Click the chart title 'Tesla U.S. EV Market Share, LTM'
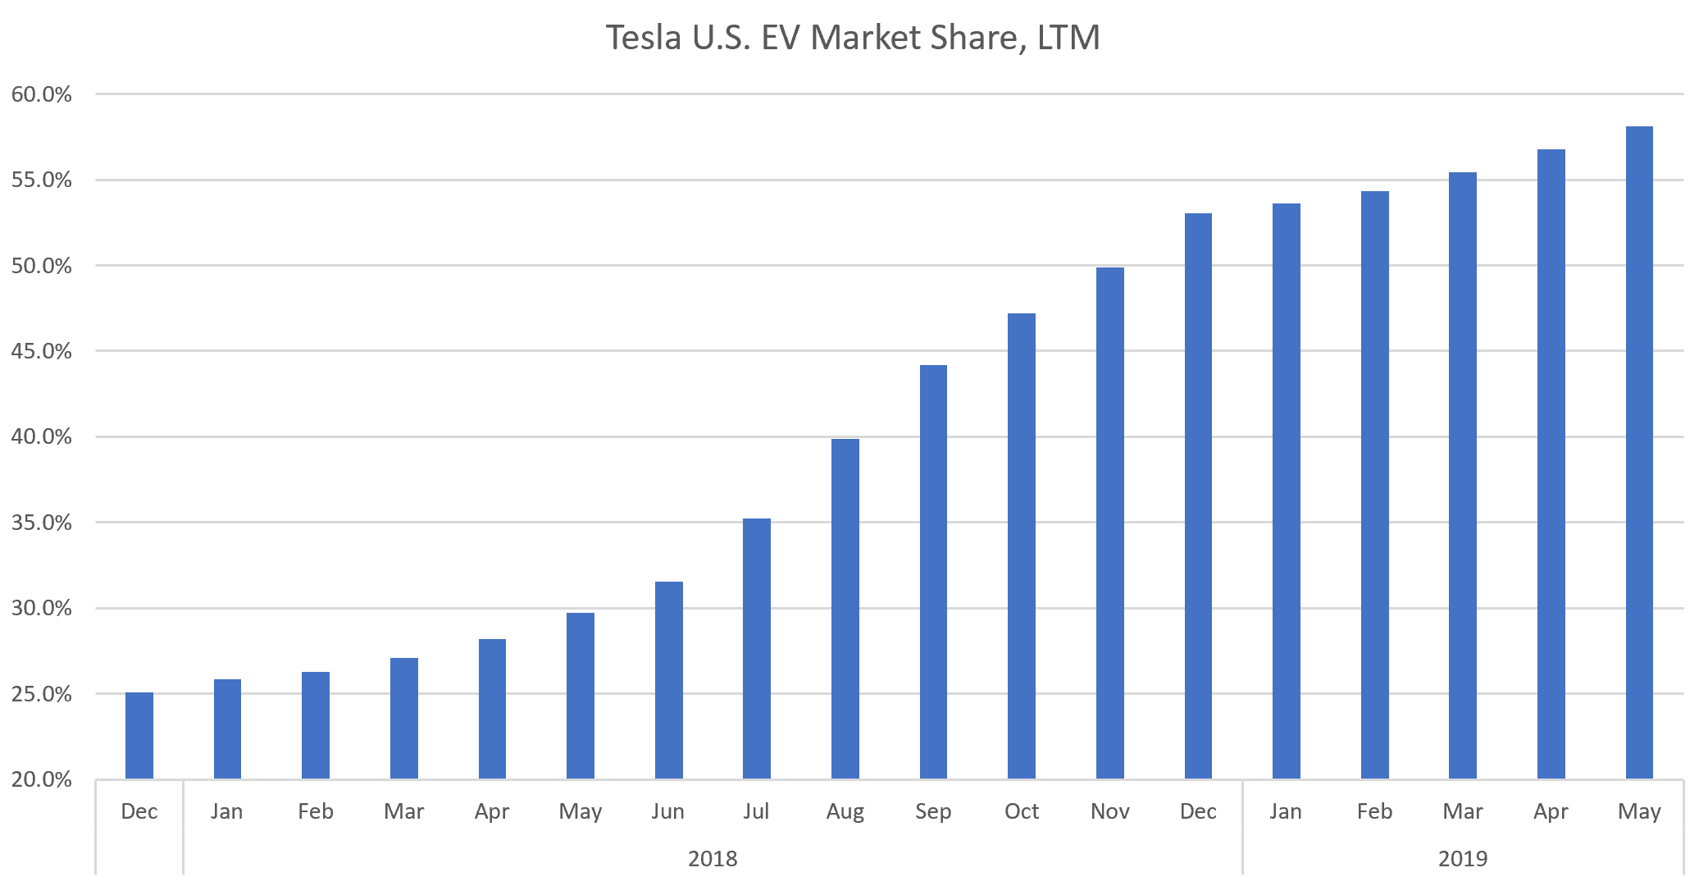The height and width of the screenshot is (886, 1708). pyautogui.click(x=853, y=38)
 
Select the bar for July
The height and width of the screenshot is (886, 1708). pyautogui.click(x=756, y=648)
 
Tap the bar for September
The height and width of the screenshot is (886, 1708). pyautogui.click(x=933, y=572)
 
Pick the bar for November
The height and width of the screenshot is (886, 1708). pyautogui.click(x=1109, y=523)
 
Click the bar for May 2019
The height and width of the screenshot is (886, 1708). pyautogui.click(x=1639, y=452)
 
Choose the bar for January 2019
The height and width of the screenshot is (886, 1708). pyautogui.click(x=1286, y=491)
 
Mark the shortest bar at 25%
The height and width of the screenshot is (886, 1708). pyautogui.click(x=139, y=735)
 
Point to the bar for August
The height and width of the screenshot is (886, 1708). pyautogui.click(x=845, y=608)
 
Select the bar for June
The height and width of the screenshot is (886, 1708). pyautogui.click(x=668, y=679)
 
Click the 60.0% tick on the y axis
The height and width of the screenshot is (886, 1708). pyautogui.click(x=42, y=94)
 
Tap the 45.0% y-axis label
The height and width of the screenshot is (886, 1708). pyautogui.click(x=42, y=351)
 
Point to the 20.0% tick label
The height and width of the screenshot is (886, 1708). pyautogui.click(x=42, y=779)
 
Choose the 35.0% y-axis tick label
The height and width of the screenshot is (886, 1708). pyautogui.click(x=42, y=523)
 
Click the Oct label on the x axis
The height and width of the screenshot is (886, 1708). pyautogui.click(x=1022, y=811)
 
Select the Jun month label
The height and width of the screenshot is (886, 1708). pyautogui.click(x=668, y=811)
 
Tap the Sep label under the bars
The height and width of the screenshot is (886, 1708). pyautogui.click(x=933, y=811)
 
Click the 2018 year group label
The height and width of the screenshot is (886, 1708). pyautogui.click(x=713, y=858)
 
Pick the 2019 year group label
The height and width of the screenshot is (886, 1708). pyautogui.click(x=1463, y=858)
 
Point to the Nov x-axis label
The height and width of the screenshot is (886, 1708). pyautogui.click(x=1109, y=811)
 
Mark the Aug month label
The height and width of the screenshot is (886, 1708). pyautogui.click(x=845, y=811)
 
